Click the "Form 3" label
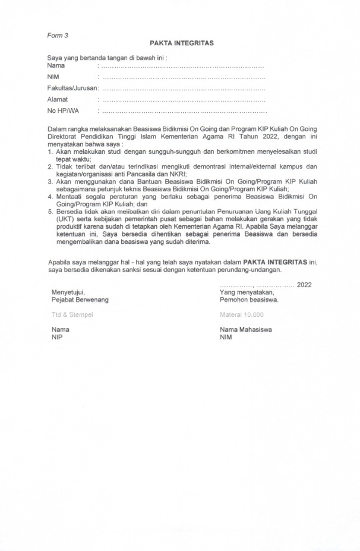[58, 35]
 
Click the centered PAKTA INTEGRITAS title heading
[182, 43]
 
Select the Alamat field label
[58, 99]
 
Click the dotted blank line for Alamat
[184, 100]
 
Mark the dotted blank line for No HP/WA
[184, 111]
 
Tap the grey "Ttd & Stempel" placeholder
[72, 315]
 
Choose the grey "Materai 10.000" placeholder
[242, 315]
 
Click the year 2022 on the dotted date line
[304, 285]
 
